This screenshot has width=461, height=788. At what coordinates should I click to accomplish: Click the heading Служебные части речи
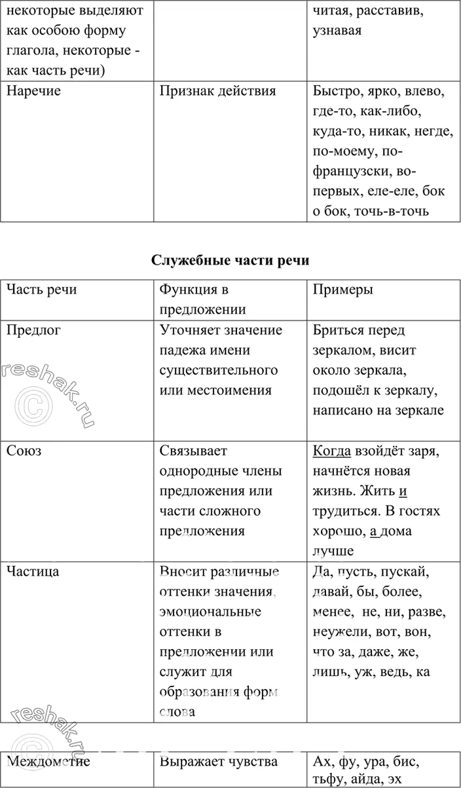tap(230, 260)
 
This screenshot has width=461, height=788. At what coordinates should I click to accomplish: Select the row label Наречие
tap(33, 91)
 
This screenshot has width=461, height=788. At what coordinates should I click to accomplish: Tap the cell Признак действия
tap(217, 91)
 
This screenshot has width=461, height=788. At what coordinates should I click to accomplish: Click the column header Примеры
tap(342, 290)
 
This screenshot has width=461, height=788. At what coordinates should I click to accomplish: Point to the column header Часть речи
tap(41, 290)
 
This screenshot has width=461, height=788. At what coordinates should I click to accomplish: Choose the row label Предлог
tap(33, 330)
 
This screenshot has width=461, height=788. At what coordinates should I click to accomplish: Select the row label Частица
tap(33, 571)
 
